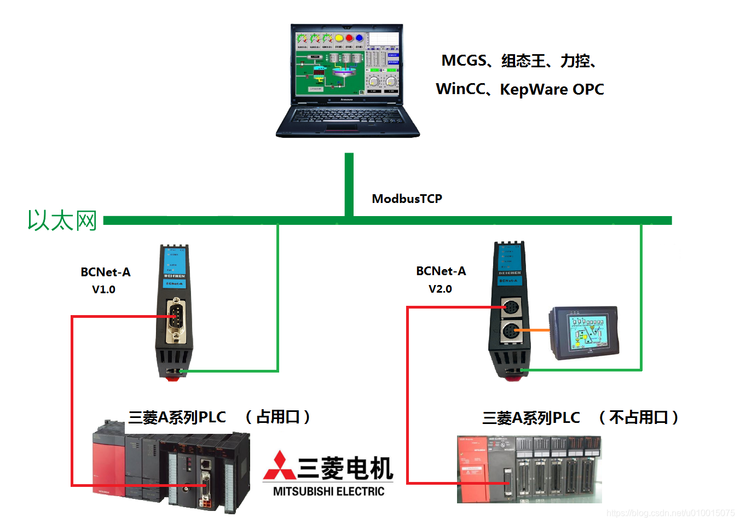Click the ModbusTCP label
coord(407,199)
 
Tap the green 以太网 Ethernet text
coord(62,220)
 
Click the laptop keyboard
coord(347,116)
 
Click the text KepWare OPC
coord(552,89)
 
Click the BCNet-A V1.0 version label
coord(103,289)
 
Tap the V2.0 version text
coord(440,289)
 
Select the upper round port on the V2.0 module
coord(511,307)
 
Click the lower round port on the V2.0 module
coord(511,331)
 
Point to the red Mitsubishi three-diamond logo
coord(279,466)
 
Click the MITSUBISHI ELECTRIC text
coord(328,491)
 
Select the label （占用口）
coord(277,417)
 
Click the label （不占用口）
coord(638,417)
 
